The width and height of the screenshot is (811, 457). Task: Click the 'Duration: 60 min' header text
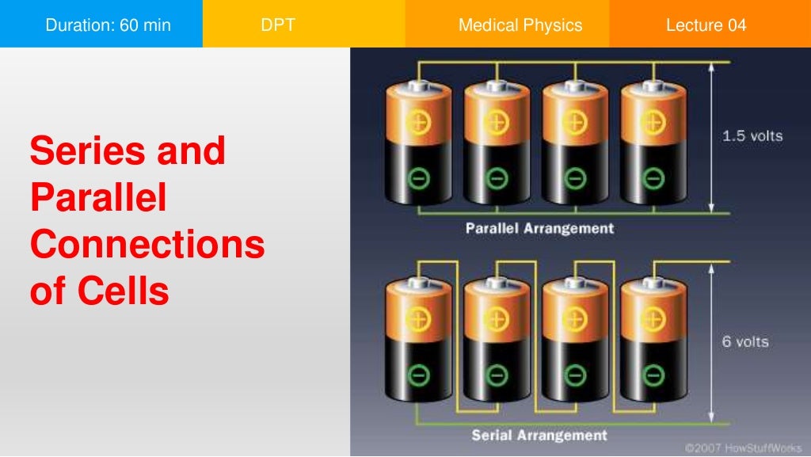pos(108,25)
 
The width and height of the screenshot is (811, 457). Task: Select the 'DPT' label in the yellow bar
pos(277,25)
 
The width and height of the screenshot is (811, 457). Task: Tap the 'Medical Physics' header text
pos(520,25)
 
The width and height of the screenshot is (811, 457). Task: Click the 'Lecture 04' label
pos(706,25)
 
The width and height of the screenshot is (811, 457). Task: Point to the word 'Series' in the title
pos(86,150)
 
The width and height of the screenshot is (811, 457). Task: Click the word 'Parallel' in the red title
pos(98,198)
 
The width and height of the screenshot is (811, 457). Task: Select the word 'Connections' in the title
pos(147,245)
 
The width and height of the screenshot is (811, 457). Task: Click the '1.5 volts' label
pos(752,136)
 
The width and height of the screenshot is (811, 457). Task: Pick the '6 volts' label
pos(744,342)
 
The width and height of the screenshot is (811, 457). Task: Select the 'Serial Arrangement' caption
pos(539,435)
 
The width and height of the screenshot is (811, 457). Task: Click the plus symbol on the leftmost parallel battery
pos(418,122)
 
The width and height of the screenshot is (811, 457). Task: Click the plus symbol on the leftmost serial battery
pos(418,319)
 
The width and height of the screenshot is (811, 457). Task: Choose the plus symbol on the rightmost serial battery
pos(653,319)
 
